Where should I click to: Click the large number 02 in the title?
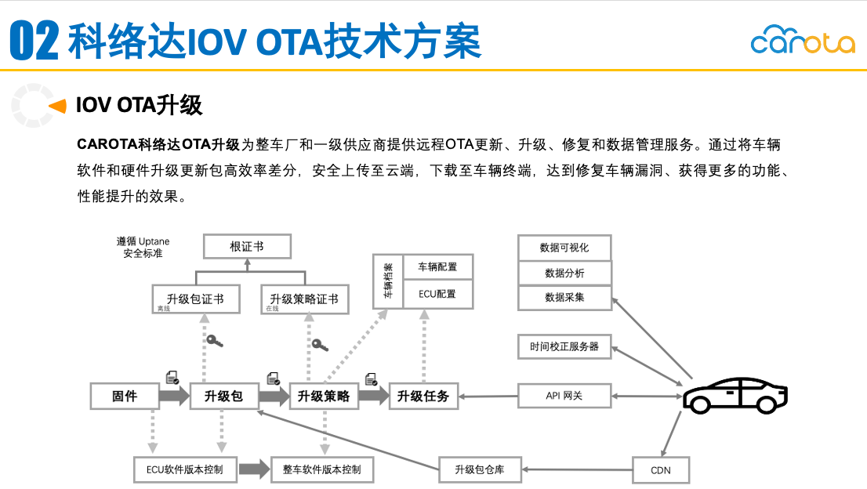coord(34,42)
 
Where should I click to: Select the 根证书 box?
coord(247,247)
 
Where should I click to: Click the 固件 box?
coord(125,396)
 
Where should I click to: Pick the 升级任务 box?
coord(423,396)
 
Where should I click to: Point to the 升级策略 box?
coord(324,396)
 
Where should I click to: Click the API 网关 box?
coord(564,396)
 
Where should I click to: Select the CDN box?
coord(661,470)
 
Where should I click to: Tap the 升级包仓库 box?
coord(480,470)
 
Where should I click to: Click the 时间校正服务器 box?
coord(564,346)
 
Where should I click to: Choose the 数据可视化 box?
coord(564,248)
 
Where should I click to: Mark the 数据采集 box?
coord(564,298)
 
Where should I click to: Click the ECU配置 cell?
coord(437,294)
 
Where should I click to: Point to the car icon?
coord(735,395)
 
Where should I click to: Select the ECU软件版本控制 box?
coord(185,470)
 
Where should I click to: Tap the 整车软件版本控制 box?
coord(322,470)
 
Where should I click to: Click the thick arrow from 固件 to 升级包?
coord(174,397)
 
